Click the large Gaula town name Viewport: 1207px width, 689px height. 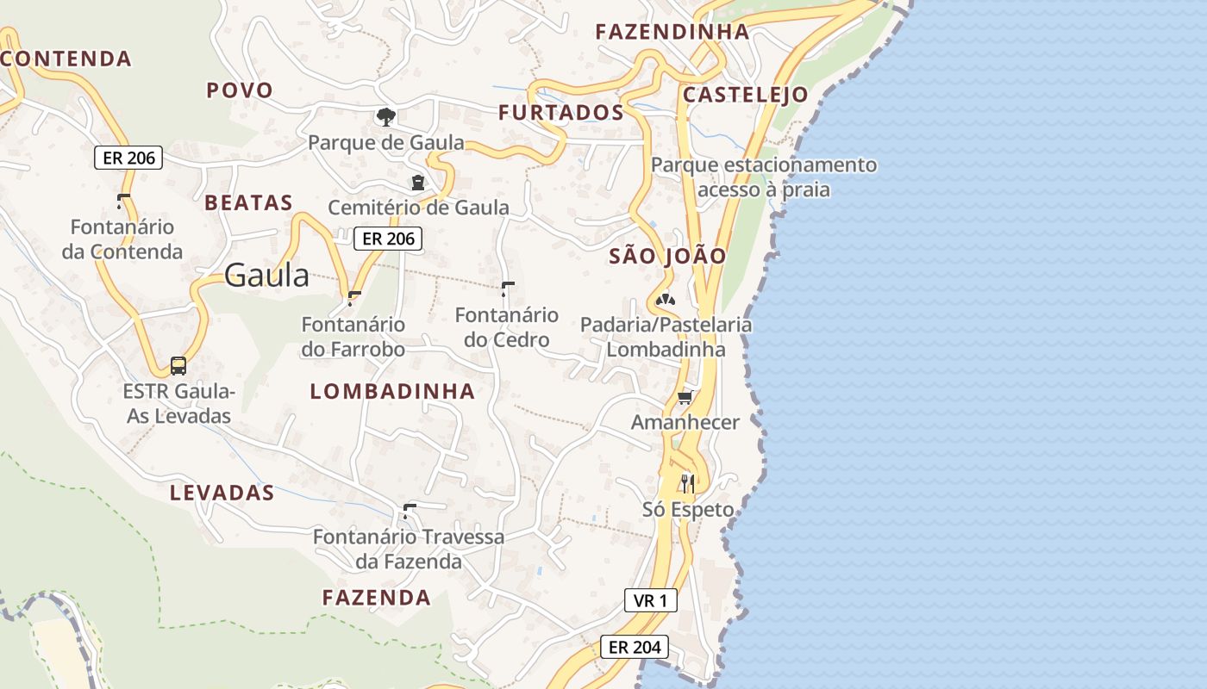266,275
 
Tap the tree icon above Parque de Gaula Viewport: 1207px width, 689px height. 386,116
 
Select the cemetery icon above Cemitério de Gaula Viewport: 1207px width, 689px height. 418,183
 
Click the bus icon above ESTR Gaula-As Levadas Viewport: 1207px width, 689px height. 178,365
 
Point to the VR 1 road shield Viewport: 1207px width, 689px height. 650,600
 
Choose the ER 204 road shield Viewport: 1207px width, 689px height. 634,647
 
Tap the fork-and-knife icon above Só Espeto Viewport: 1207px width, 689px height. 687,483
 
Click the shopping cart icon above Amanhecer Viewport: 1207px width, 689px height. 685,397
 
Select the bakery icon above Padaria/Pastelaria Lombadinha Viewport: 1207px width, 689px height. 665,300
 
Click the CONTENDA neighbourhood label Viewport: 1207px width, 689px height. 66,59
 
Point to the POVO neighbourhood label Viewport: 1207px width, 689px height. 240,90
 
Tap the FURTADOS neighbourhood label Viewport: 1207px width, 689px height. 561,113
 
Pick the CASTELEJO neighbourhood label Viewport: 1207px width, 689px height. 746,95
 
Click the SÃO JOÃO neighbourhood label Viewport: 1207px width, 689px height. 668,256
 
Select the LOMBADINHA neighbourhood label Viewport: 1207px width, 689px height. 392,391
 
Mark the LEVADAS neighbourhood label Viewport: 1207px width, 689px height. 222,493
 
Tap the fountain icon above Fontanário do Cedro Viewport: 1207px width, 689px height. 508,287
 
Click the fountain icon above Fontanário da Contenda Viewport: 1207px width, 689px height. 122,201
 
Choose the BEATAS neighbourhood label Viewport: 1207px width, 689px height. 248,203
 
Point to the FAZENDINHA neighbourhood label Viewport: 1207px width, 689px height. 672,32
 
